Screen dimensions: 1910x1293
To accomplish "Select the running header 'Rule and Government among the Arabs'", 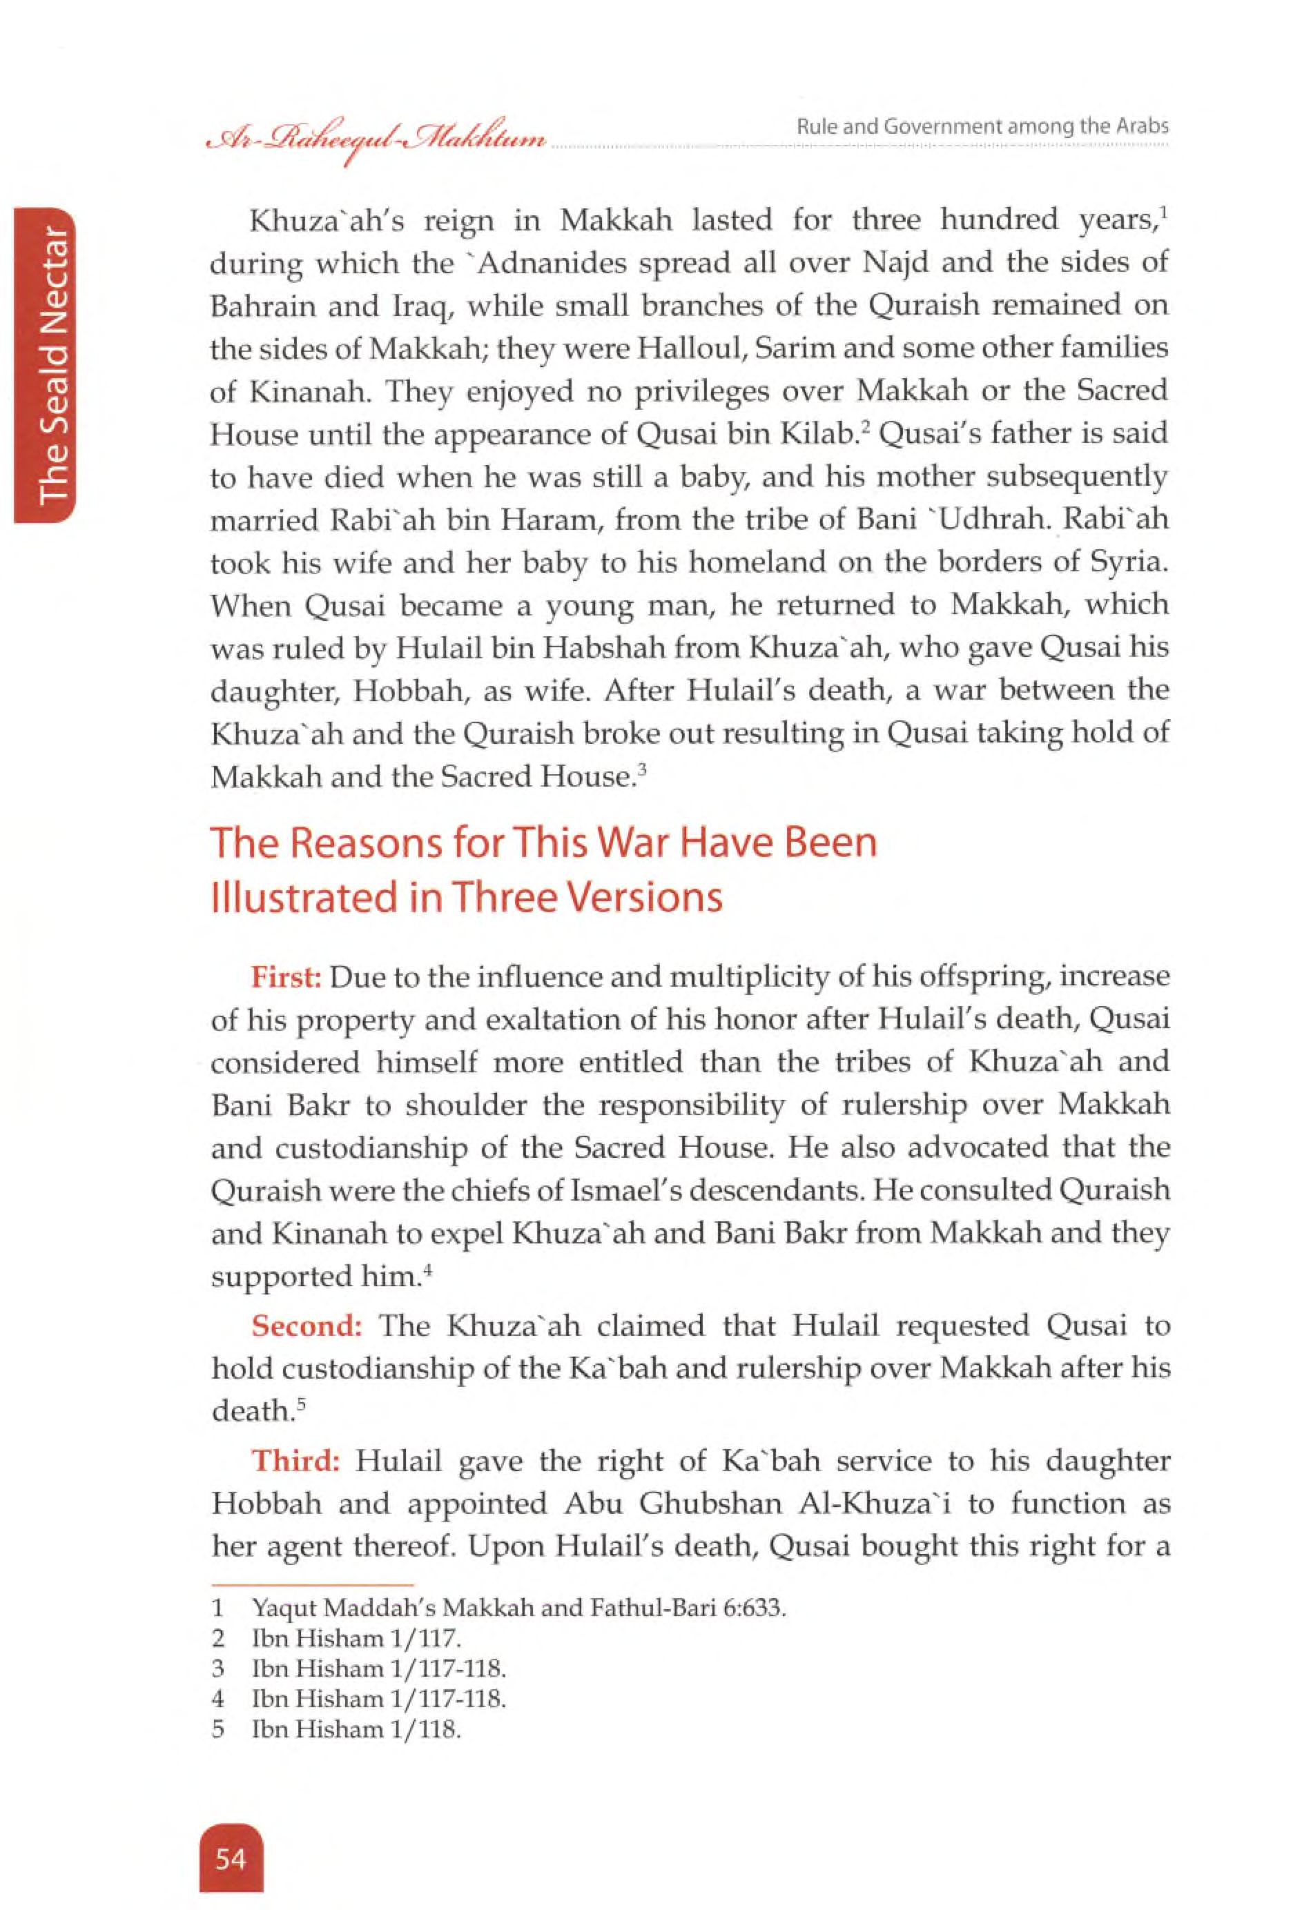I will pos(982,126).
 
